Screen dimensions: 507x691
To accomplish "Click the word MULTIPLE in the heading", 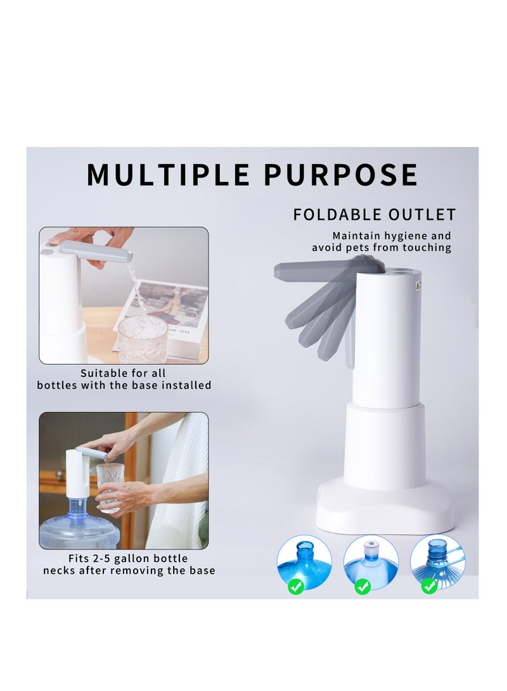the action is [x=169, y=175].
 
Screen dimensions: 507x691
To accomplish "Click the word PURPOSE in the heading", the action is [x=341, y=175].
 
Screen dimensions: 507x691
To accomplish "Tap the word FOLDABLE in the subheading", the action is [x=337, y=215].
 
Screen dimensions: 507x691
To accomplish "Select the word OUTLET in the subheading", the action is [x=422, y=215].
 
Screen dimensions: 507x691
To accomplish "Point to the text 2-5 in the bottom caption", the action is [x=101, y=559].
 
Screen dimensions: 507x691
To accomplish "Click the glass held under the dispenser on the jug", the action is [x=108, y=488].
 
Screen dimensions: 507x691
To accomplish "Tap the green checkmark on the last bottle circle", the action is [x=429, y=586].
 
